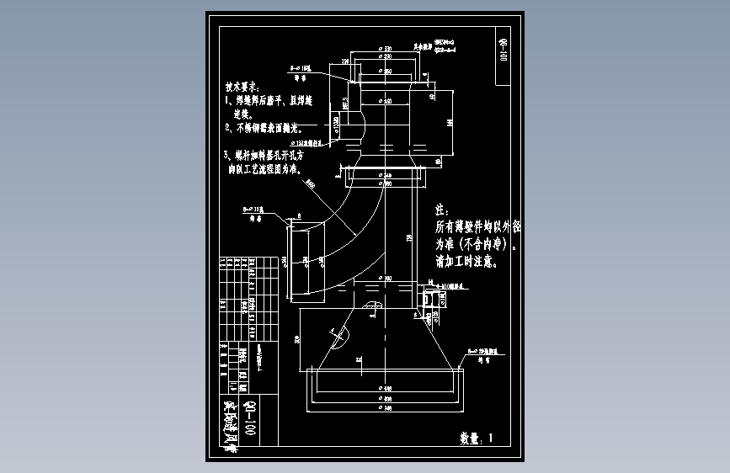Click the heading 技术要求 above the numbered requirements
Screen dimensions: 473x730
tap(242, 87)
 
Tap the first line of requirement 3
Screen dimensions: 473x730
tap(268, 156)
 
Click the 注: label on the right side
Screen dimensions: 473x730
tap(440, 209)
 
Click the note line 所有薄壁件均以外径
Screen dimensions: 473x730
tap(477, 227)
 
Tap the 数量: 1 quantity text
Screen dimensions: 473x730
tap(479, 438)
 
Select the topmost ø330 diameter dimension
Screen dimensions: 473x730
tap(386, 50)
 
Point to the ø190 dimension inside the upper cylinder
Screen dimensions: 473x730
tap(386, 101)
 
